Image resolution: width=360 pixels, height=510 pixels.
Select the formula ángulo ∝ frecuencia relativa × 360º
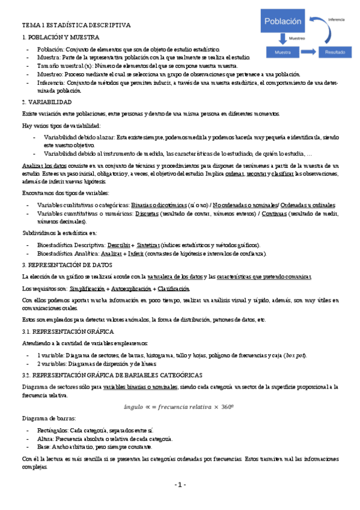180,406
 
